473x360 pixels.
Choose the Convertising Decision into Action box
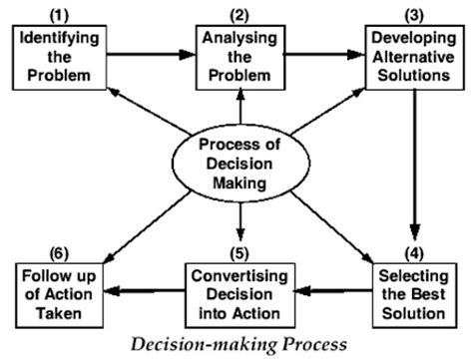click(239, 289)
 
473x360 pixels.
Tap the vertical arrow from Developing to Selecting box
click(412, 170)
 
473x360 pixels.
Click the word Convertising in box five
click(239, 272)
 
